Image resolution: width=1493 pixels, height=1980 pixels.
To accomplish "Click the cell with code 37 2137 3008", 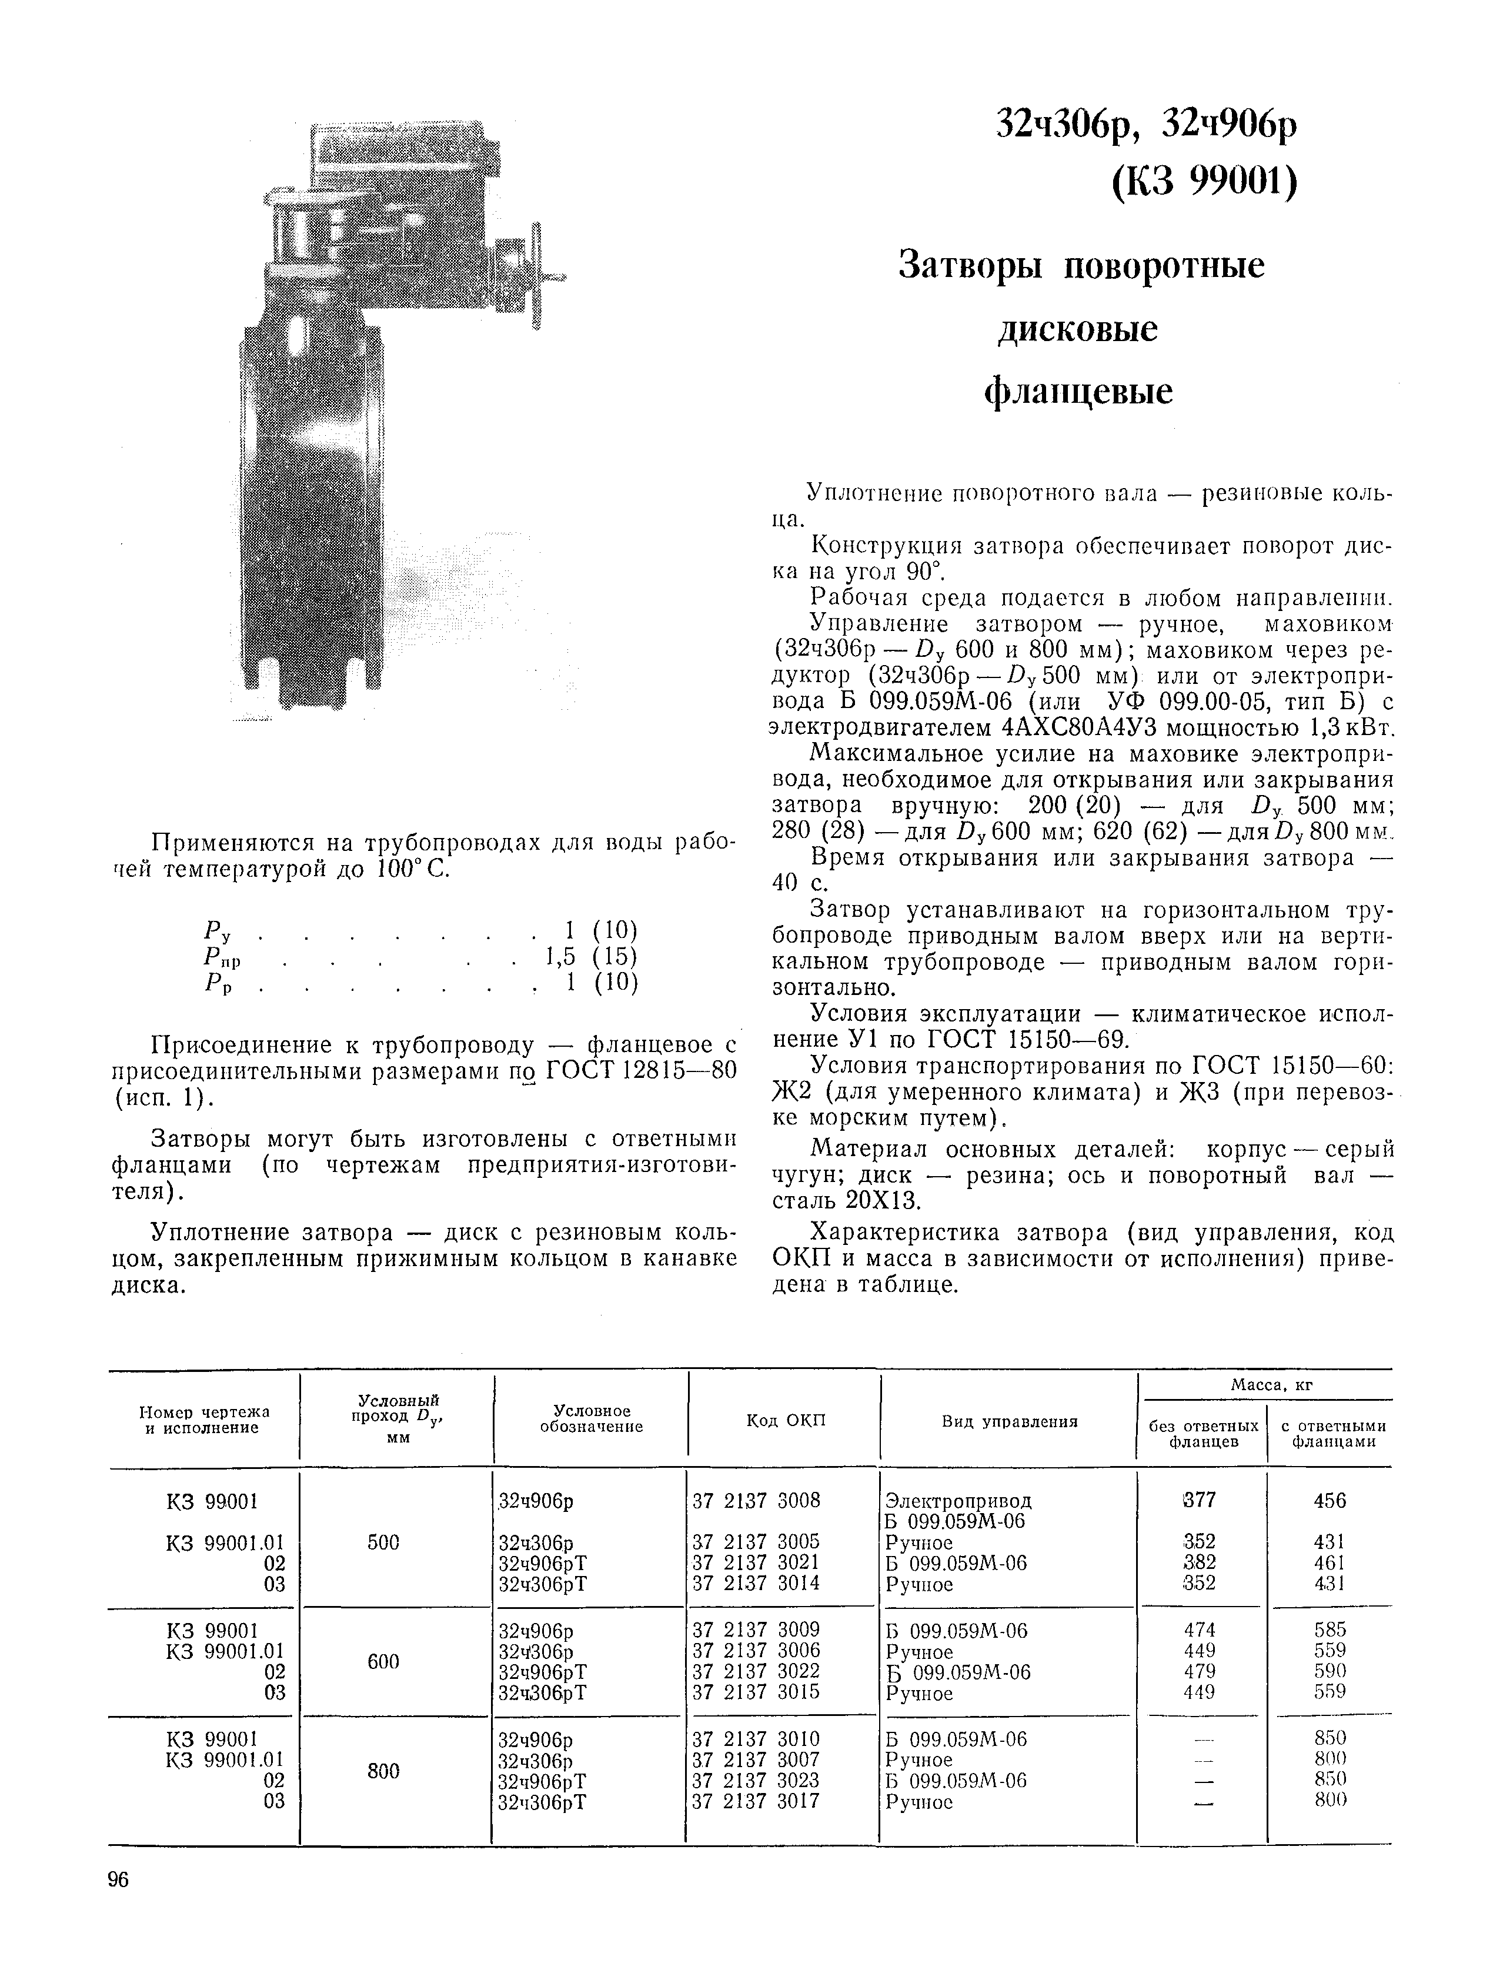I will pos(756,1500).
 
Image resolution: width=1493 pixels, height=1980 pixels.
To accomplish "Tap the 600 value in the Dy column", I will pos(383,1661).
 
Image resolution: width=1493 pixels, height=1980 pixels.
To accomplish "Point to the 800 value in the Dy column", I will pos(383,1771).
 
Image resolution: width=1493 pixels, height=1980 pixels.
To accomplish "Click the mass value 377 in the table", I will pos(1200,1500).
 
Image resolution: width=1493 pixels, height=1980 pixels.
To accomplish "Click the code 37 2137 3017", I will pos(756,1801).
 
